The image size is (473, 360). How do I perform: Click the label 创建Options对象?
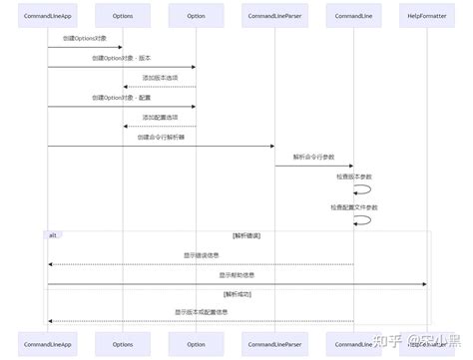point(84,38)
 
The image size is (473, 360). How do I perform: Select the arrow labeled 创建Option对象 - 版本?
point(121,67)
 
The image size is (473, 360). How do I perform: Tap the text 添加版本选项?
point(159,77)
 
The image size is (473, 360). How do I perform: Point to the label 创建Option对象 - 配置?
point(121,97)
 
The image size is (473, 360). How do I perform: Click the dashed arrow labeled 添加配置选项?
point(159,126)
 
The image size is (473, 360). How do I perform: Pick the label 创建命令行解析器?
point(160,137)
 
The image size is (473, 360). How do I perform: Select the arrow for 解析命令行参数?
point(313,166)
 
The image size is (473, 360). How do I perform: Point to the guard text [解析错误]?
point(245,235)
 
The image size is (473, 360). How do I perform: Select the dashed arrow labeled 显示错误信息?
point(201,264)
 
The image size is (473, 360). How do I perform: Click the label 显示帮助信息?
point(237,274)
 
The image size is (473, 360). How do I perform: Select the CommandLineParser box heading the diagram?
point(274,17)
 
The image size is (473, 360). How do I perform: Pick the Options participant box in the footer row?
point(122,343)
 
